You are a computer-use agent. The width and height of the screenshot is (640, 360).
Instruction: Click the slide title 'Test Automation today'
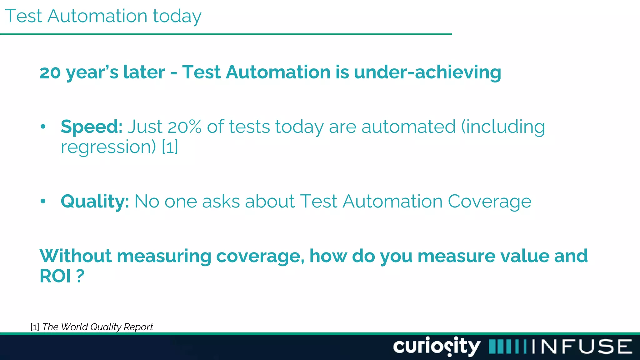103,16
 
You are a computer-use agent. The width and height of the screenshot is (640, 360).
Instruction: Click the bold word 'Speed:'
92,127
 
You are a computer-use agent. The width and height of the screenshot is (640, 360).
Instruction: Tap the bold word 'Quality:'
95,201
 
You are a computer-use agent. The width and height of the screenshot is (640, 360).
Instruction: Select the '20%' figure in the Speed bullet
184,127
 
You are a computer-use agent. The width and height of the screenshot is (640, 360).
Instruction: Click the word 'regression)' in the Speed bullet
108,147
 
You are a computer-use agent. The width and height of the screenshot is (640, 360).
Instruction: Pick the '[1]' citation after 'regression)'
170,147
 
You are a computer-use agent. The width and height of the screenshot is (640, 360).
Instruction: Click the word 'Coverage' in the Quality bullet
489,201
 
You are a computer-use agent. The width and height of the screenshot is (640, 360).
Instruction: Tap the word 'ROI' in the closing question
55,276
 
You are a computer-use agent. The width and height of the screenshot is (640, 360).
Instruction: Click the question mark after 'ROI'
80,276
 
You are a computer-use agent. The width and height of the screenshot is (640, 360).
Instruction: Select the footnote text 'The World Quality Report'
97,327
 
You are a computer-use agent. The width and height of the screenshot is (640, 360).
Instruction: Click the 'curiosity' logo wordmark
437,346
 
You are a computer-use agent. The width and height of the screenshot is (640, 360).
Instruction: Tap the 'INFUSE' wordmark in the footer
582,347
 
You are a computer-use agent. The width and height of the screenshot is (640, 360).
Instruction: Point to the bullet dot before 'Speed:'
43,127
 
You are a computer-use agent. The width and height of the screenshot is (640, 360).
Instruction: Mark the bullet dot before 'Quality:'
43,202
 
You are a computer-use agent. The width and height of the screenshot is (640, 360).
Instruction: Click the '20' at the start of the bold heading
50,72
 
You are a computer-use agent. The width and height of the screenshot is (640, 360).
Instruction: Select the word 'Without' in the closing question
75,256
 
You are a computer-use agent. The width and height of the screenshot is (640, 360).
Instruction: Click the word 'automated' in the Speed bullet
408,127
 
